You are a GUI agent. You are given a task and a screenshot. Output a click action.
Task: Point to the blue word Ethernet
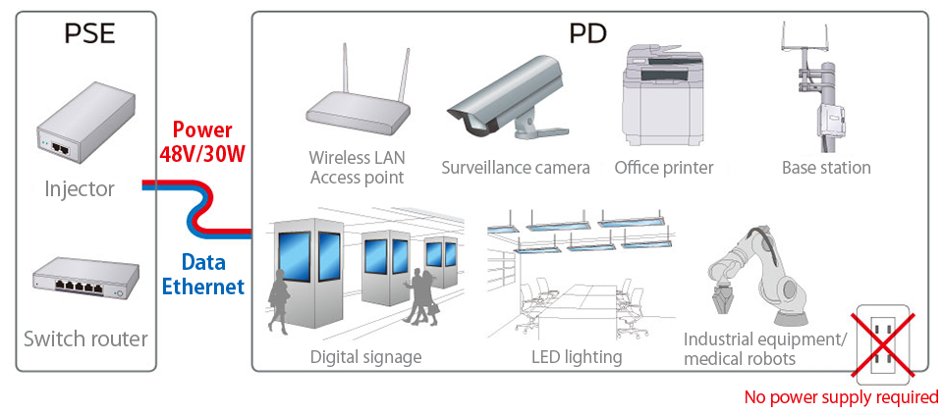click(x=203, y=286)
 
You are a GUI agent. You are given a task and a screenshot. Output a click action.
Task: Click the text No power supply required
click(x=841, y=397)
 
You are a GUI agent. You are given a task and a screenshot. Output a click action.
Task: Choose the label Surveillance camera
click(x=516, y=168)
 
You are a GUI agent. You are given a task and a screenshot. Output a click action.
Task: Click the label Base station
click(x=826, y=168)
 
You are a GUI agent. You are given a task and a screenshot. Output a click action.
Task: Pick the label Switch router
click(x=85, y=339)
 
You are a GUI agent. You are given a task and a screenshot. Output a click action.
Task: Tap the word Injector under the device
click(x=80, y=188)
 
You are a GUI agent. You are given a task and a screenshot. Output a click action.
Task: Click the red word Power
click(x=202, y=130)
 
